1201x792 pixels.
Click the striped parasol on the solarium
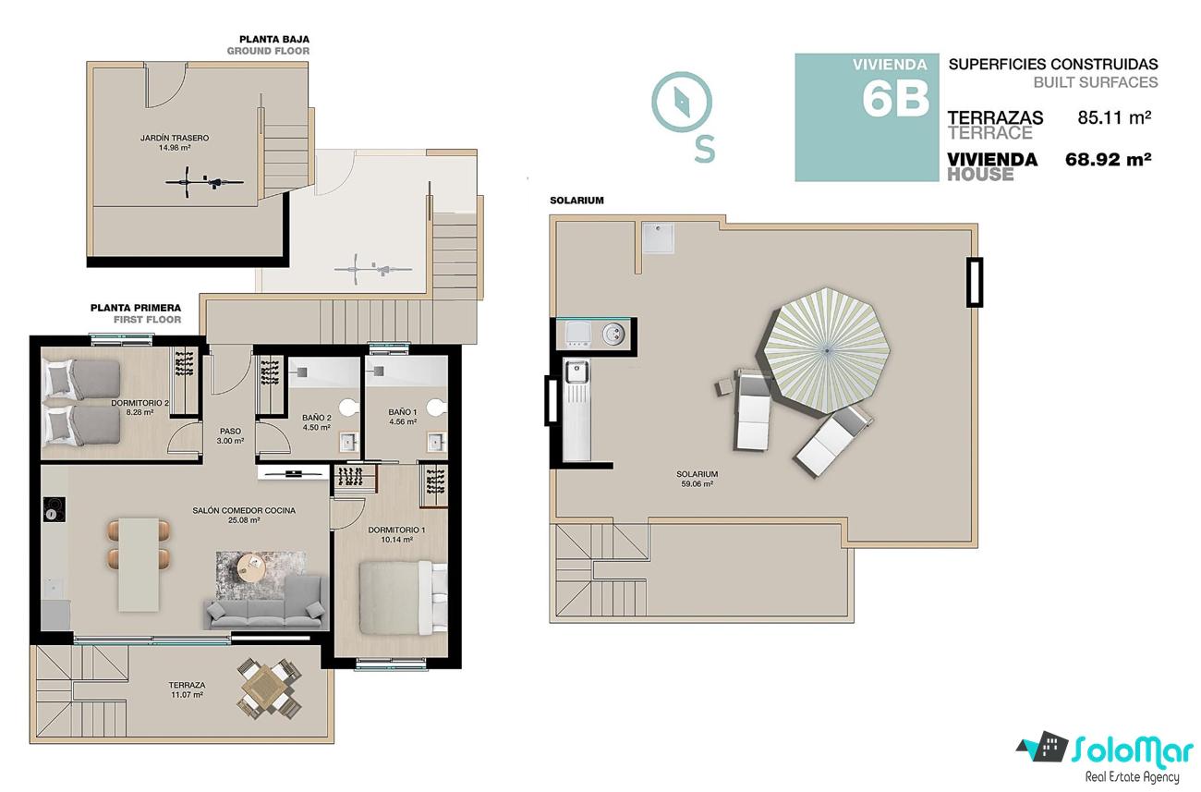pos(826,351)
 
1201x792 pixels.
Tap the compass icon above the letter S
pos(682,102)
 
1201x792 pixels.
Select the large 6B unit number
pos(895,99)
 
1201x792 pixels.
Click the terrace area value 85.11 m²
pos(1114,117)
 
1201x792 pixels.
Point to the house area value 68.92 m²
pos(1108,159)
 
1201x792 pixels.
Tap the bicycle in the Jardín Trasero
pos(204,182)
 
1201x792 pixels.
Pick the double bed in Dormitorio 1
pos(403,597)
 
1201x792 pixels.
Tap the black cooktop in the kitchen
pos(54,509)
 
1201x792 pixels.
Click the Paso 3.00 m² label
pos(230,436)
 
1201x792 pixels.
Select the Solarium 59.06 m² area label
pos(697,479)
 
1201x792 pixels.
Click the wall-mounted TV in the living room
pos(293,473)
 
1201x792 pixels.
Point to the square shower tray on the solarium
pos(658,237)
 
